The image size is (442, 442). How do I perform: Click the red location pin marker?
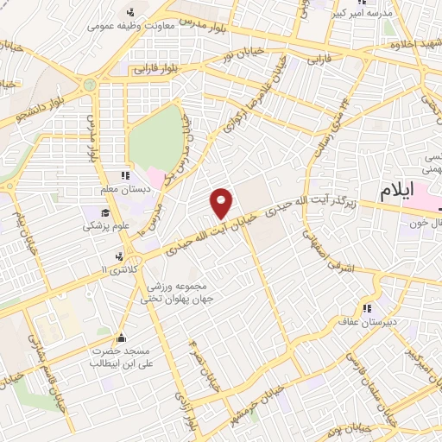pyautogui.click(x=222, y=202)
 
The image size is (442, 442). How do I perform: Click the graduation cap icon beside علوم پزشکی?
pyautogui.click(x=105, y=213)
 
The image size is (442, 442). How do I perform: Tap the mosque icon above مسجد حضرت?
pyautogui.click(x=121, y=337)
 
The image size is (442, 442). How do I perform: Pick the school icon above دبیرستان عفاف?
pyautogui.click(x=368, y=307)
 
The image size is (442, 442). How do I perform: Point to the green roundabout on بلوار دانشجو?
pyautogui.click(x=88, y=84)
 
